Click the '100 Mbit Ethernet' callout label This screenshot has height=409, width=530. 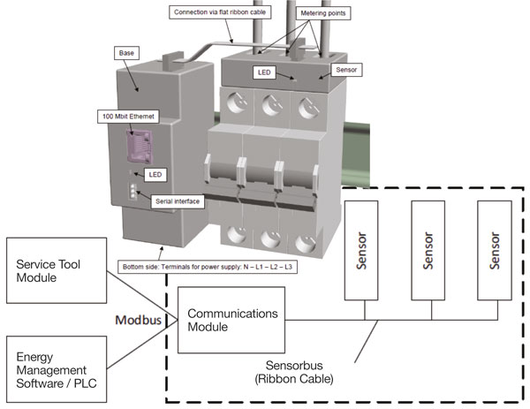coord(128,116)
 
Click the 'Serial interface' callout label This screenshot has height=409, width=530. coord(176,201)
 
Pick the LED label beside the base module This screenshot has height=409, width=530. coord(155,175)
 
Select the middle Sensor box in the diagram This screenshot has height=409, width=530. coord(430,252)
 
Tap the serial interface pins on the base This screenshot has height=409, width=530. coord(131,193)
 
